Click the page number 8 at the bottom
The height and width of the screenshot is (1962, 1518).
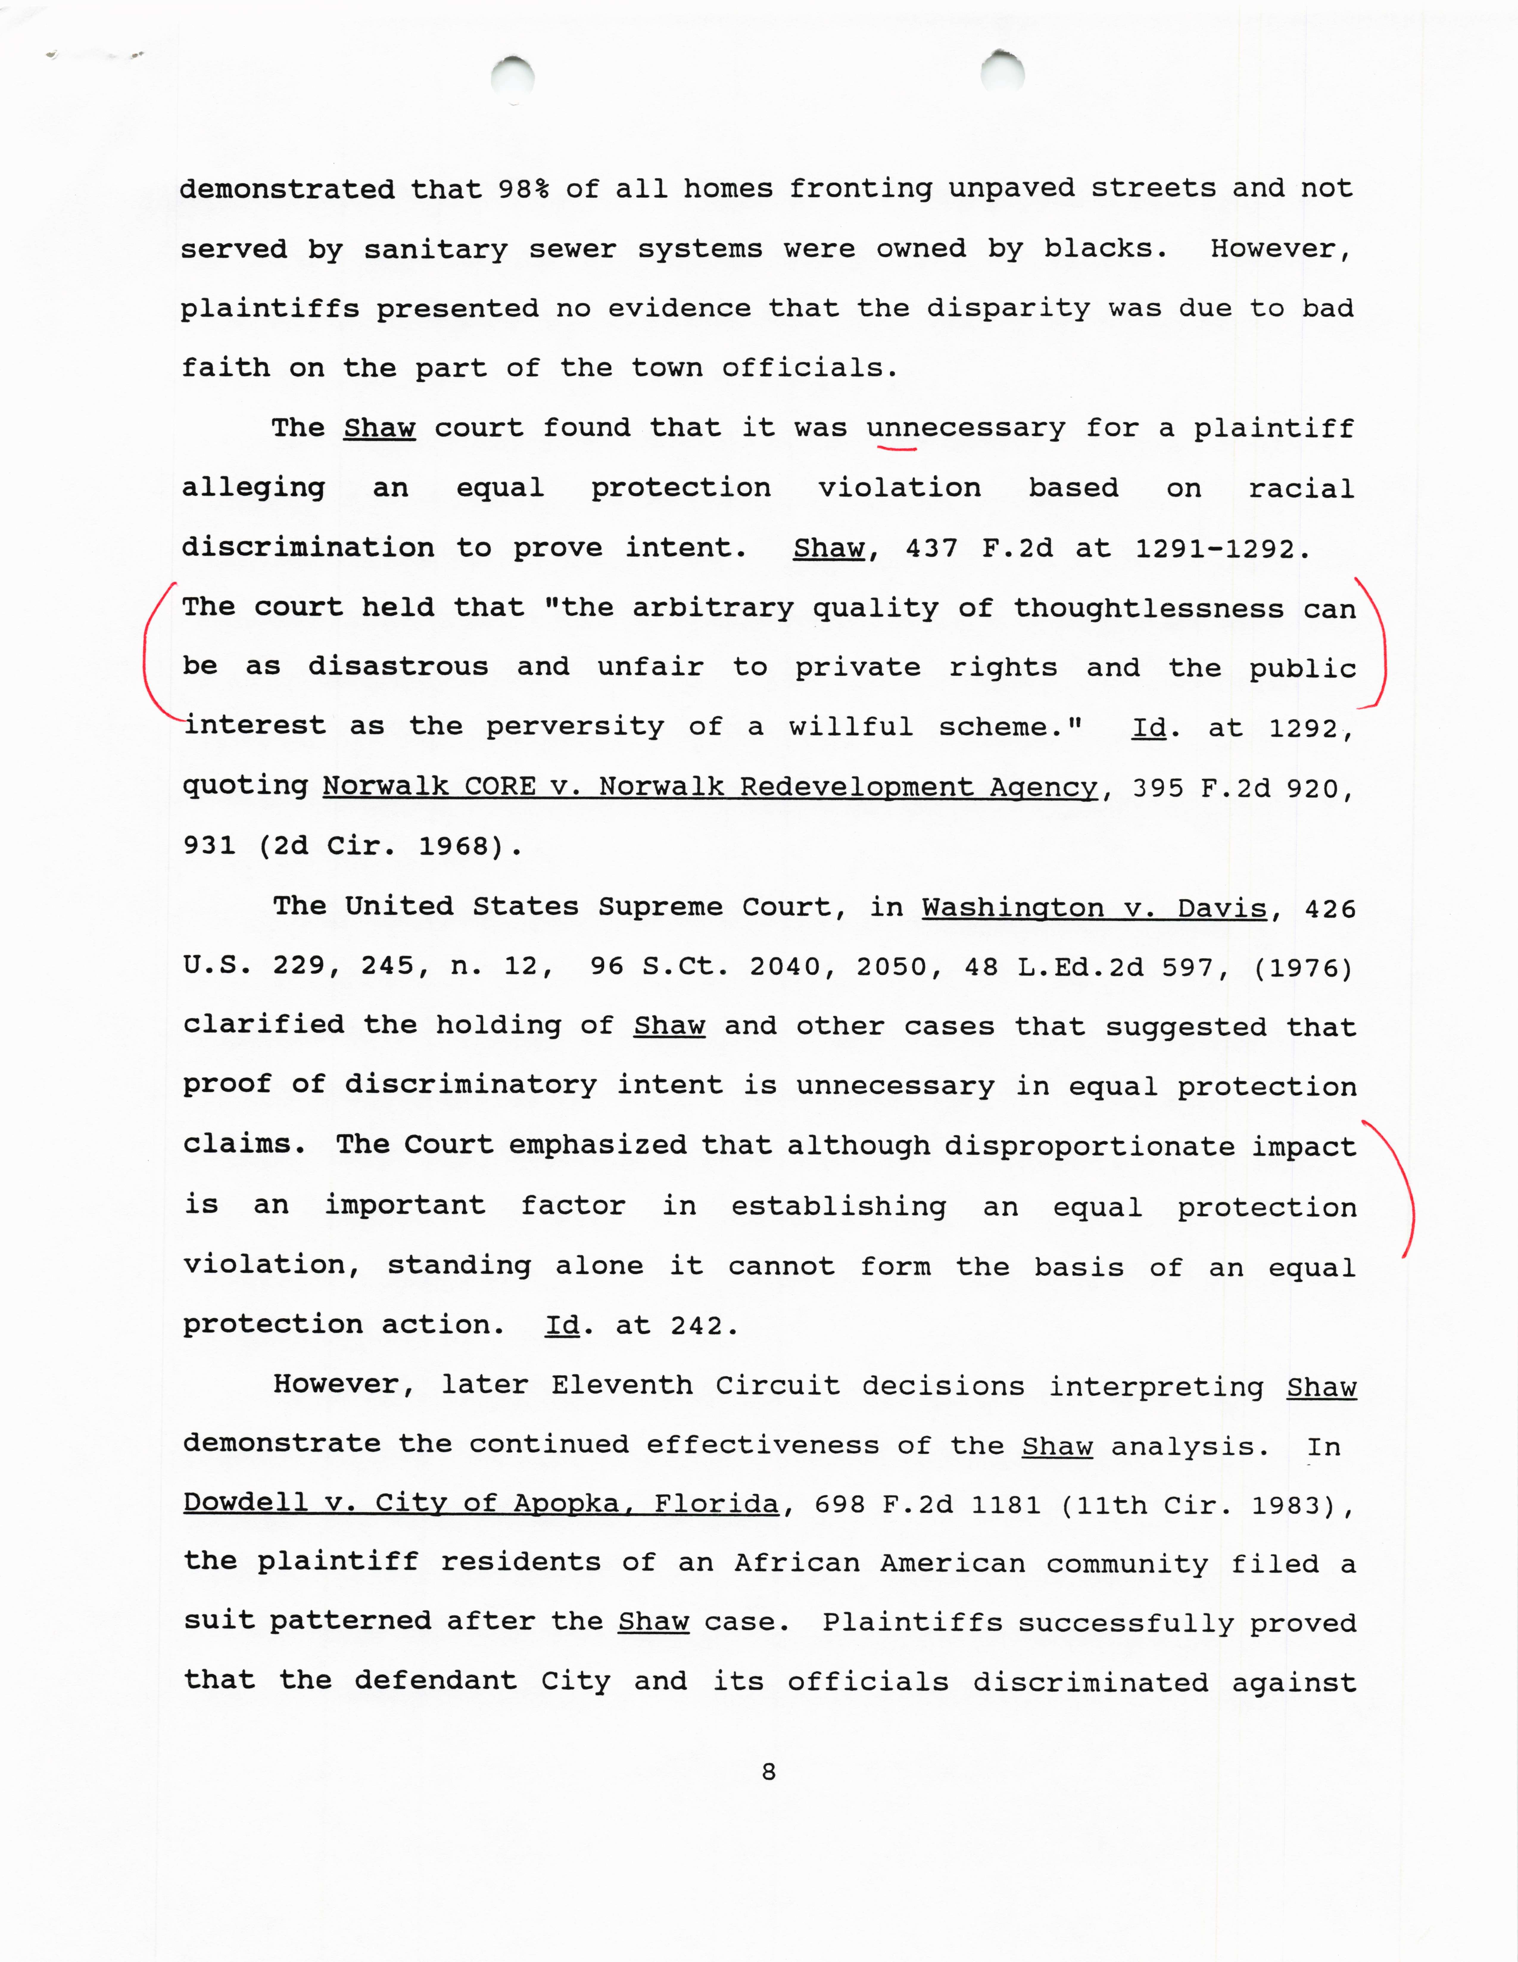(x=768, y=1772)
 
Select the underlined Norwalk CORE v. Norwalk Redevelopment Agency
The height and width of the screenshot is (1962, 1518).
(x=710, y=787)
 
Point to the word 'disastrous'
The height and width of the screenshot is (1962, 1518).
(x=398, y=667)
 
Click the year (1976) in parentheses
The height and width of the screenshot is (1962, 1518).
(x=1302, y=967)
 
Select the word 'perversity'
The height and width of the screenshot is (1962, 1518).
(x=575, y=727)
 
